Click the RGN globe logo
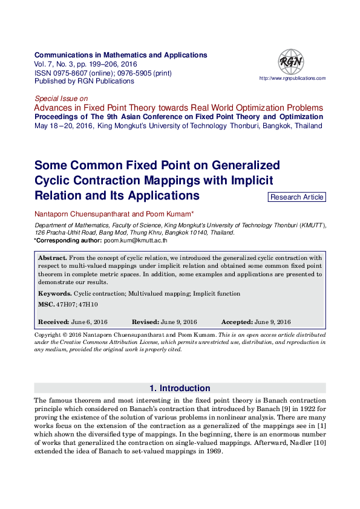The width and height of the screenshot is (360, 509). pos(291,62)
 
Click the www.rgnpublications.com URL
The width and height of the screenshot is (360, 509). pos(292,79)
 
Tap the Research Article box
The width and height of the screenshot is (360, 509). pos(296,197)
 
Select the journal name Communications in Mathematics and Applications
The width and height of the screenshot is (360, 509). pos(121,55)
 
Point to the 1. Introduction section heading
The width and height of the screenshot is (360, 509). pos(180,388)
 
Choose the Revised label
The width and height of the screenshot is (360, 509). pos(146,322)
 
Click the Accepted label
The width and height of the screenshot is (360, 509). pos(237,322)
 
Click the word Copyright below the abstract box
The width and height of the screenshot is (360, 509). pos(48,334)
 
